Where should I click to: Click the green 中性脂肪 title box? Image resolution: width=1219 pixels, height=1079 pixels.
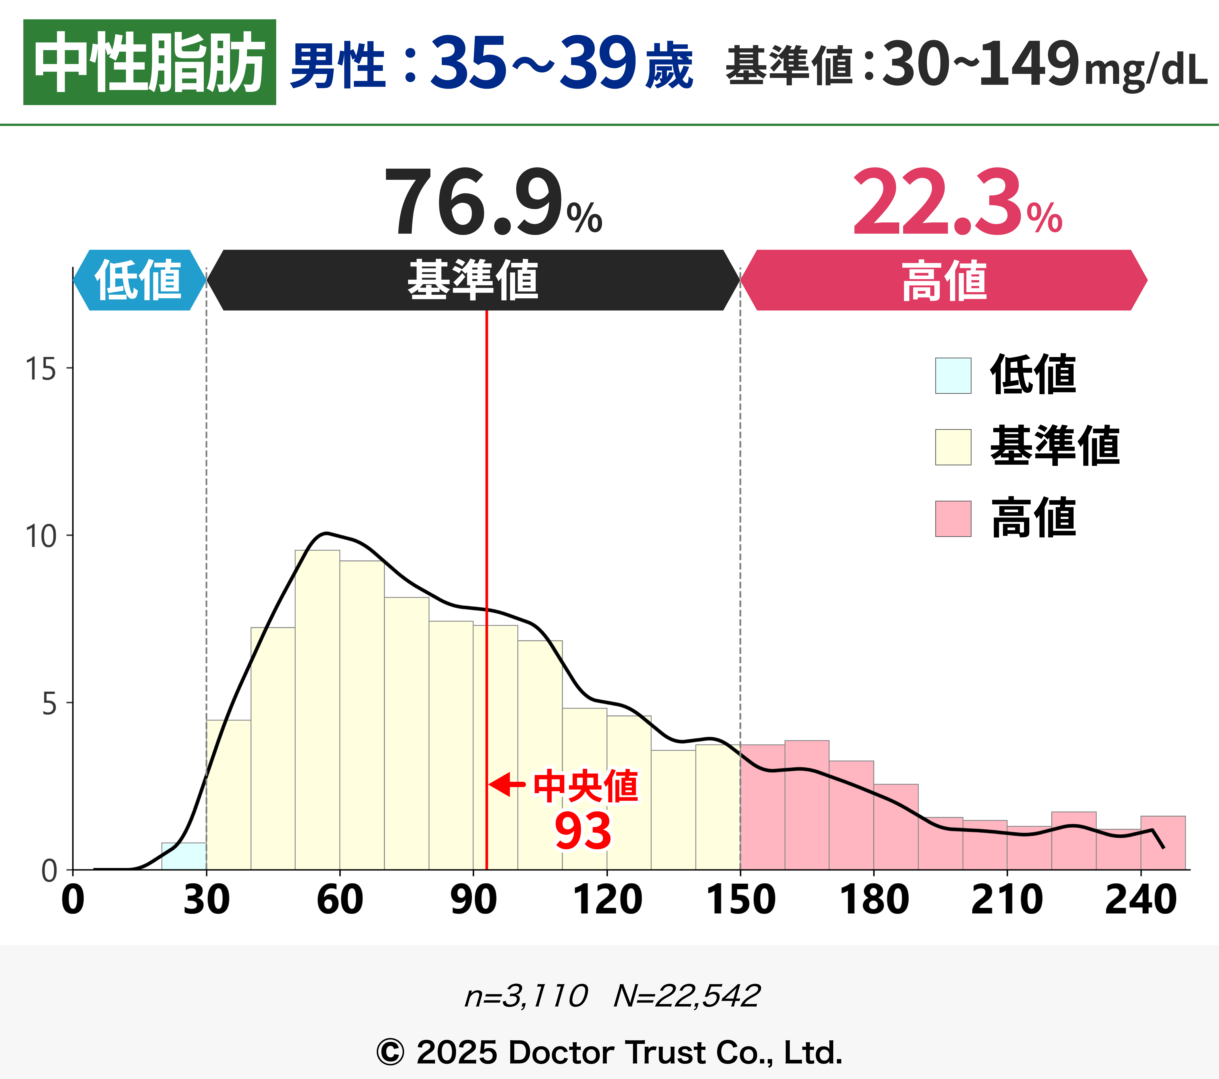[x=149, y=62]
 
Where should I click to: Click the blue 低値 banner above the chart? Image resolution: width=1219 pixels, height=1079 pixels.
[x=139, y=280]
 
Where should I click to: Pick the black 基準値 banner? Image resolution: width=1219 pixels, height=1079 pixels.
[x=473, y=280]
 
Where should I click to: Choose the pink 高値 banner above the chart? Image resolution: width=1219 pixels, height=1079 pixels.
[x=944, y=280]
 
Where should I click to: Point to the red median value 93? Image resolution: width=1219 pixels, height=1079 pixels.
[x=583, y=831]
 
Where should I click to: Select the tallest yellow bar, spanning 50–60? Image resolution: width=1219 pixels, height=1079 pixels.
[x=317, y=710]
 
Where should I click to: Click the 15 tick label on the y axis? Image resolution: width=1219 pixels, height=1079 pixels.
[x=41, y=369]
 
